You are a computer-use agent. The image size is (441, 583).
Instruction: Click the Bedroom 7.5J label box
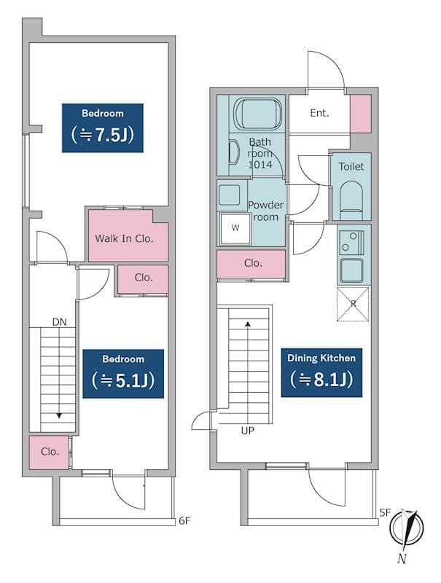click(x=103, y=128)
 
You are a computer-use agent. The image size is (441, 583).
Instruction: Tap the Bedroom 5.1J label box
click(x=123, y=374)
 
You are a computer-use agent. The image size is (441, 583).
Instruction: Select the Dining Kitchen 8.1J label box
click(x=321, y=372)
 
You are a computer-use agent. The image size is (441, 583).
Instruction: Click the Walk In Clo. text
click(x=124, y=239)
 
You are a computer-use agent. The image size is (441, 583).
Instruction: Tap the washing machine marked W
click(x=235, y=229)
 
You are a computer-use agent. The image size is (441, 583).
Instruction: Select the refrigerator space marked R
click(x=353, y=304)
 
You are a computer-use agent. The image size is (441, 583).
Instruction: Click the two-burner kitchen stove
click(x=351, y=242)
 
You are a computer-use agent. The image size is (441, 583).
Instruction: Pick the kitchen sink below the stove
click(x=351, y=270)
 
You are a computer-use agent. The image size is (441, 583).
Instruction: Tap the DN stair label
click(x=60, y=322)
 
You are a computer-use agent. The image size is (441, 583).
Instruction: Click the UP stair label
click(x=248, y=431)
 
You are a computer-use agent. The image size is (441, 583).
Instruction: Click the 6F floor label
click(x=185, y=520)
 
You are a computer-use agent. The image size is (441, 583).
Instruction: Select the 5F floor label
click(x=385, y=513)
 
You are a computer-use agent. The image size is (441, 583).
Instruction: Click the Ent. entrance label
click(x=319, y=113)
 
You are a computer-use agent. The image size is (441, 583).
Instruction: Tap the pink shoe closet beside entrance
click(x=361, y=114)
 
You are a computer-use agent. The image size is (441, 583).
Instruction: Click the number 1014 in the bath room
click(x=260, y=165)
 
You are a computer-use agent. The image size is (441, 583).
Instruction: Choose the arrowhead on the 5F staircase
click(x=248, y=324)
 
